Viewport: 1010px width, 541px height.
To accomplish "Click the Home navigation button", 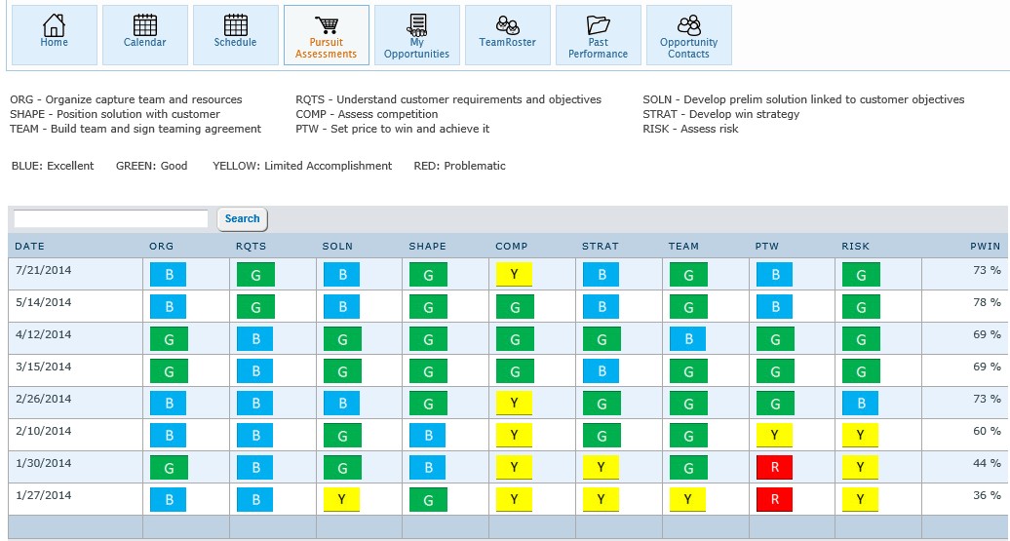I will pos(55,34).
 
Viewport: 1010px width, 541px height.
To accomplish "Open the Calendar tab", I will pos(144,34).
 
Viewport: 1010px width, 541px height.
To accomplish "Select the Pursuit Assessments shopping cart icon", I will pos(327,25).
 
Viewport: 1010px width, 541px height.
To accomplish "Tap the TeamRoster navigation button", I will pos(507,34).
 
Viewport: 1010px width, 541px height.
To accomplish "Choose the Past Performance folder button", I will pos(598,34).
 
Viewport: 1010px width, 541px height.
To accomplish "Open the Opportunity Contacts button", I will pos(688,34).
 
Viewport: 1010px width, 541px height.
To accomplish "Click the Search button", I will pos(242,219).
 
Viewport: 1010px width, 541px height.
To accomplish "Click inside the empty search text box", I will pos(111,219).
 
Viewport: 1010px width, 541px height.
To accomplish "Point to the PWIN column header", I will pos(985,247).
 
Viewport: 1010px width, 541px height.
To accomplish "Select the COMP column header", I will pos(511,247).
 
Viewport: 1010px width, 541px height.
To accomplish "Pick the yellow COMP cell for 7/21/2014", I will pos(514,275).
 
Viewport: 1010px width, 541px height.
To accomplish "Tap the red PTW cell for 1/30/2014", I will pos(774,468).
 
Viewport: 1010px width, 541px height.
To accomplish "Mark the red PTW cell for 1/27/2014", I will pos(774,500).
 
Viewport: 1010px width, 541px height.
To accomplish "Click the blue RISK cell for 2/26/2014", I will pos(861,404).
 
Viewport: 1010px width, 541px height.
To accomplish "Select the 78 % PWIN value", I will pos(987,303).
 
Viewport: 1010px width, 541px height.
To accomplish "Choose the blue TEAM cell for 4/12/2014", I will pos(687,339).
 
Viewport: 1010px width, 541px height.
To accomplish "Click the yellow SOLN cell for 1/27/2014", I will pos(341,500).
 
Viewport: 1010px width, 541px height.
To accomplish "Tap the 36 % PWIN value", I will pos(987,495).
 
